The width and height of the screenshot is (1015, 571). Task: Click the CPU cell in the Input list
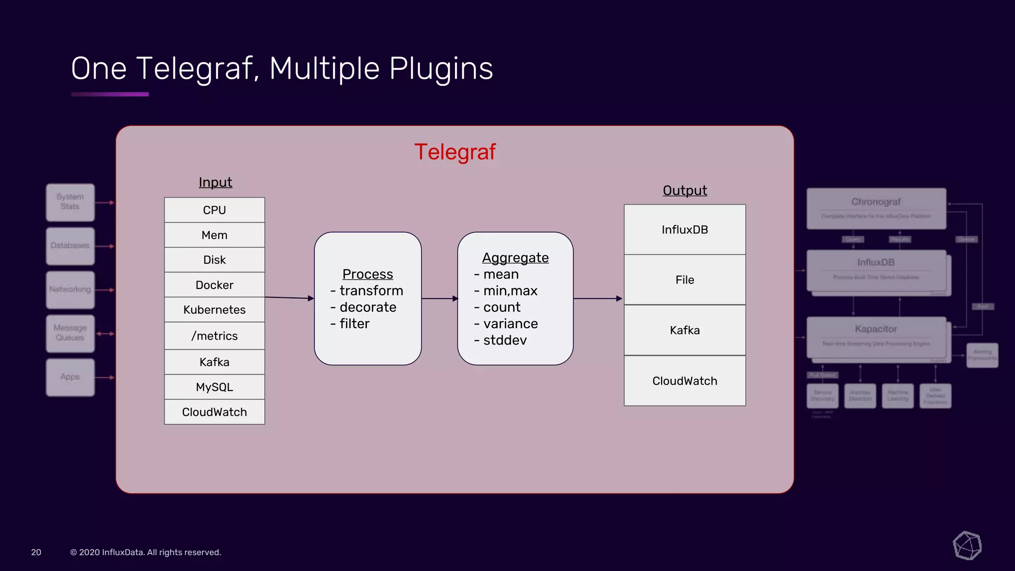click(x=214, y=210)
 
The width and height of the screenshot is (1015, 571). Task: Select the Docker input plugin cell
click(x=214, y=285)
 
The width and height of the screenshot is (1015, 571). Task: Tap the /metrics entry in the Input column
click(x=214, y=336)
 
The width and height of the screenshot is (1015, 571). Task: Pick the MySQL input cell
click(x=214, y=387)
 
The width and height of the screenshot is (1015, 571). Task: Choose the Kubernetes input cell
click(x=214, y=310)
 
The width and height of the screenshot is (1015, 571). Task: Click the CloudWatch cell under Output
click(x=684, y=381)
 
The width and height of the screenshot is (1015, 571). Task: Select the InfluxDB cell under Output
click(x=684, y=229)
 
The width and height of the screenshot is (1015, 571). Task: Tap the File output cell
click(x=684, y=280)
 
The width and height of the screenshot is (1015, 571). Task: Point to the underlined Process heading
click(x=367, y=274)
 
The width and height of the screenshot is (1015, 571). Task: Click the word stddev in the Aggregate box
click(x=505, y=341)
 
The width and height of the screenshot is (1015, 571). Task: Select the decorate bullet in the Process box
click(x=368, y=307)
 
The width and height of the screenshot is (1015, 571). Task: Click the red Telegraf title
click(x=454, y=152)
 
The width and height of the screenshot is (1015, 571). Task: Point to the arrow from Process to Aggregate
click(x=439, y=298)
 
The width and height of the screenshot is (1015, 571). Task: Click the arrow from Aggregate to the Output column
click(x=597, y=298)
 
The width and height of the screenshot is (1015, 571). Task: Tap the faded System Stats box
click(x=70, y=202)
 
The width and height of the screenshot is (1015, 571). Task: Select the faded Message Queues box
click(x=70, y=333)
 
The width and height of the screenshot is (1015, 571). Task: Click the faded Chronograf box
click(x=876, y=208)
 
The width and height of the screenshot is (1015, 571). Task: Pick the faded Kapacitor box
click(x=876, y=336)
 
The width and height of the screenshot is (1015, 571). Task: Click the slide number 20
click(x=36, y=552)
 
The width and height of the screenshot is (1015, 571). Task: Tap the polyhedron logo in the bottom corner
click(x=967, y=546)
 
